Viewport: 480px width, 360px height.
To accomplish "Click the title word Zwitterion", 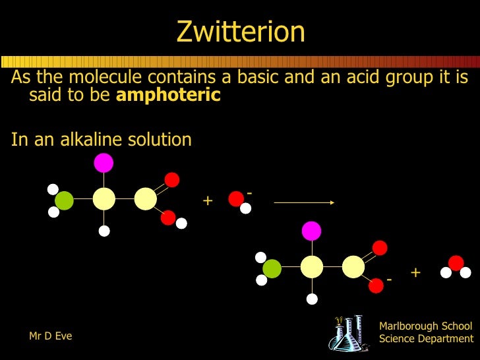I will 240,32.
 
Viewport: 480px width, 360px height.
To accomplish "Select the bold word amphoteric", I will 168,95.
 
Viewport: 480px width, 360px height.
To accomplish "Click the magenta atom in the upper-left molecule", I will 104,162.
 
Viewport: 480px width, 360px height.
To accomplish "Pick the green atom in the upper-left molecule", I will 64,200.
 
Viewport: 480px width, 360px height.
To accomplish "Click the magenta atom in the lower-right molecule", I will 311,231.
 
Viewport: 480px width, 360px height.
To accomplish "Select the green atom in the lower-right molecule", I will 272,268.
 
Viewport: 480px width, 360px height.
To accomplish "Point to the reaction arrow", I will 304,203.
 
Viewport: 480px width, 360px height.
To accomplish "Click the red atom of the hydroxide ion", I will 235,198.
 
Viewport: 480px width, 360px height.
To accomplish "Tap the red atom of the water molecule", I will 456,263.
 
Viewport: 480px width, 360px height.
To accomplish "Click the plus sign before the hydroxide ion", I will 208,200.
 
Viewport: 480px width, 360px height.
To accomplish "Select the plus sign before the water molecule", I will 415,272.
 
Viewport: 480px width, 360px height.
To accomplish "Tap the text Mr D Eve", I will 51,336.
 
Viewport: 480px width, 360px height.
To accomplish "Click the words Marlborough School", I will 426,326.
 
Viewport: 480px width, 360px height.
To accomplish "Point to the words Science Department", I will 426,339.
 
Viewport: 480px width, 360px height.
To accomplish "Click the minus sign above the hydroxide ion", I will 250,193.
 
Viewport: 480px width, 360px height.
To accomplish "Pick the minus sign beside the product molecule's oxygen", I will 389,280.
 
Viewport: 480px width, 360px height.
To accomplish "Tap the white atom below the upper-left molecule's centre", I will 104,231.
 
